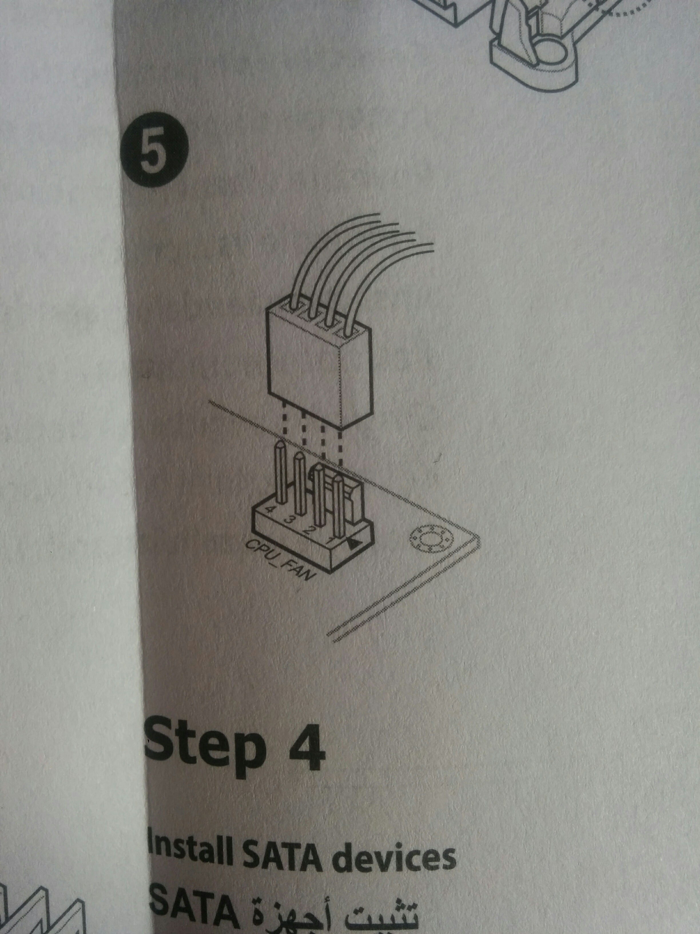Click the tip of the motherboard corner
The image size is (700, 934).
pos(480,537)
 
